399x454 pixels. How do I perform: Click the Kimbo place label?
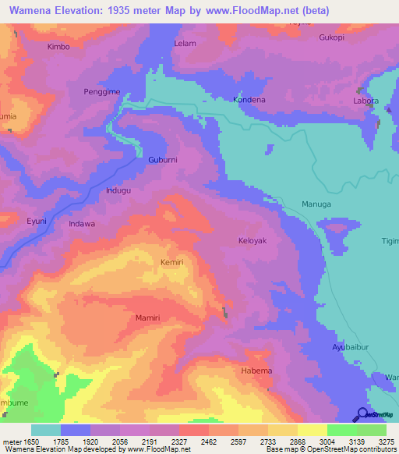pos(58,47)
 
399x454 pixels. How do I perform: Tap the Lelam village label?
pos(185,44)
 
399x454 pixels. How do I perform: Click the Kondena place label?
pos(249,100)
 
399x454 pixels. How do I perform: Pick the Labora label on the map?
pos(366,100)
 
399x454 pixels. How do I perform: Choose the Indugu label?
pos(118,190)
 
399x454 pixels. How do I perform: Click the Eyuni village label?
pos(37,222)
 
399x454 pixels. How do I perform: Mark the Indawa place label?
pos(82,224)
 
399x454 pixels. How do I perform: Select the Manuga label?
pos(316,204)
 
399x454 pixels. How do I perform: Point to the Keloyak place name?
pos(252,241)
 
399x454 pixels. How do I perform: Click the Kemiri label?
pos(172,263)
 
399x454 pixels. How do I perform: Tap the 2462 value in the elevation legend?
pos(209,442)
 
